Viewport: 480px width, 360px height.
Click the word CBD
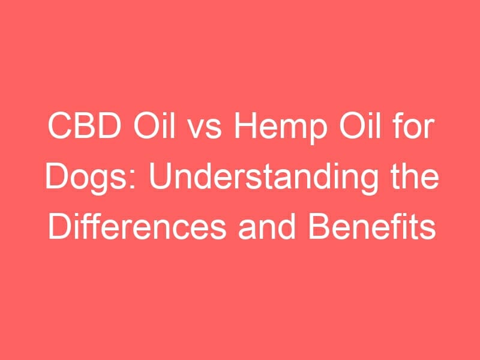[x=84, y=126]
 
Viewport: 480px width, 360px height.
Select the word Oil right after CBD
[x=154, y=125]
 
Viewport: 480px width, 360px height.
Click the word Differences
[x=137, y=227]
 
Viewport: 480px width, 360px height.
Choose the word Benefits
[x=372, y=227]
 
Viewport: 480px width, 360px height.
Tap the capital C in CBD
[x=59, y=126]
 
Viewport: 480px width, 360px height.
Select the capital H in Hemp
[x=245, y=126]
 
